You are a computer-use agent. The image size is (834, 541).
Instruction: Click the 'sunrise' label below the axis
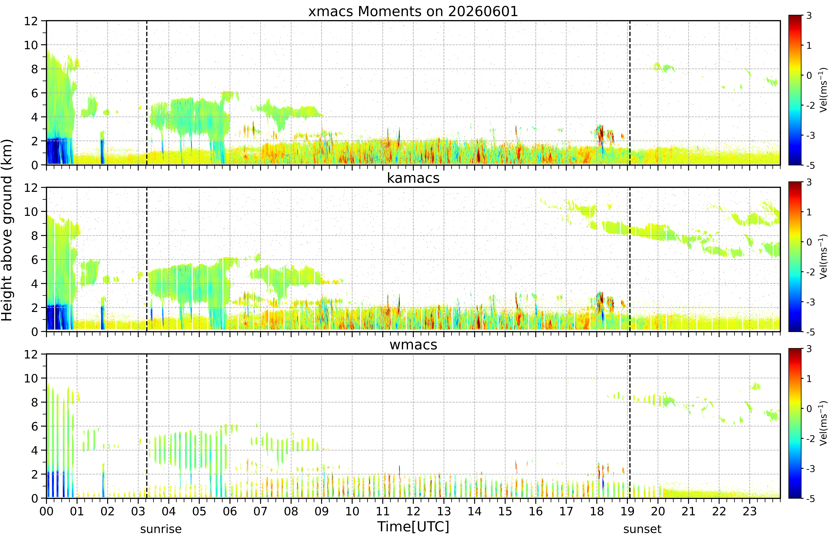point(161,529)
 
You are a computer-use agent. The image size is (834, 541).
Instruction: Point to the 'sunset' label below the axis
point(642,529)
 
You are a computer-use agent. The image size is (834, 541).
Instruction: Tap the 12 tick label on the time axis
point(413,511)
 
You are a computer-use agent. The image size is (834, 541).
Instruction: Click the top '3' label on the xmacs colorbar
point(809,16)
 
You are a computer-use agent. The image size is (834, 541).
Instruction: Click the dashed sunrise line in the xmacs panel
point(146,93)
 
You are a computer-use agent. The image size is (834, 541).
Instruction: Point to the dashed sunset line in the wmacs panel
point(630,426)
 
